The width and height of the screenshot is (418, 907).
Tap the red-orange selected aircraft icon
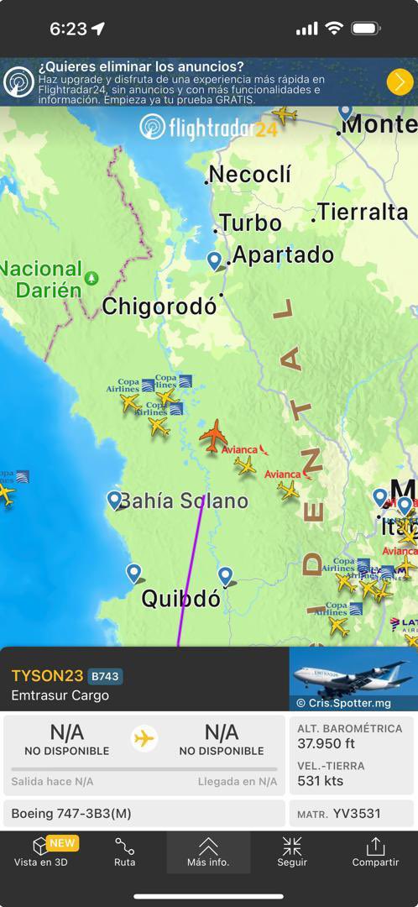pos(214,436)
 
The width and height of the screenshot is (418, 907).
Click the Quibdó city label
pos(180,599)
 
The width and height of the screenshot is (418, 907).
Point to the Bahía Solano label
pos(183,501)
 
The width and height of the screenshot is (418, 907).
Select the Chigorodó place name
pos(159,307)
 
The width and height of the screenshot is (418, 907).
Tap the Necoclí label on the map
pos(250,175)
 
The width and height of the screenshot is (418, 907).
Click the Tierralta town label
pos(363,212)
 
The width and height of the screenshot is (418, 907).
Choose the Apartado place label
pos(283,254)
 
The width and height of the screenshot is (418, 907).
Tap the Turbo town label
pos(250,223)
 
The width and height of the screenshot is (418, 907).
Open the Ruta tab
pos(124,852)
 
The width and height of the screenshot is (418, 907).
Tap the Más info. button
pos(208,852)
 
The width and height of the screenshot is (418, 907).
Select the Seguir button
pos(292,852)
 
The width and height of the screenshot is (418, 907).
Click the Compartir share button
pos(375,852)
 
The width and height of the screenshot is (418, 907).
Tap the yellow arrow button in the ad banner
pos(400,81)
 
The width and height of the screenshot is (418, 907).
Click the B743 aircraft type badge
pos(105,676)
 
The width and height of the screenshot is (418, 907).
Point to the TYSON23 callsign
pos(47,676)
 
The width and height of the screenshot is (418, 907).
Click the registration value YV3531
pos(357,814)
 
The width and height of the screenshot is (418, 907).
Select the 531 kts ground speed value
pos(320,781)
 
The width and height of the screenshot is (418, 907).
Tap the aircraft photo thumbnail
pos(353,679)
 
